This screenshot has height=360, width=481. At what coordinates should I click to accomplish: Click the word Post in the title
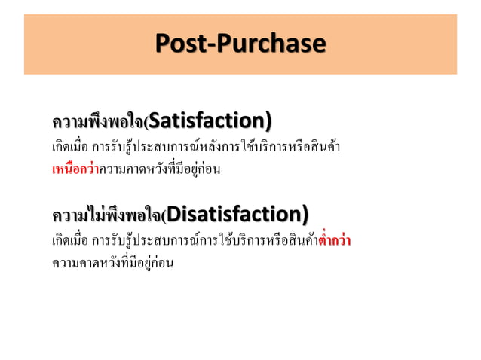pyautogui.click(x=180, y=43)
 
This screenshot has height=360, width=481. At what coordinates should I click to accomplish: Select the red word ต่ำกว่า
pyautogui.click(x=335, y=243)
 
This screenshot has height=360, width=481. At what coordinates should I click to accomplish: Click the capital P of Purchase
pyautogui.click(x=223, y=43)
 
